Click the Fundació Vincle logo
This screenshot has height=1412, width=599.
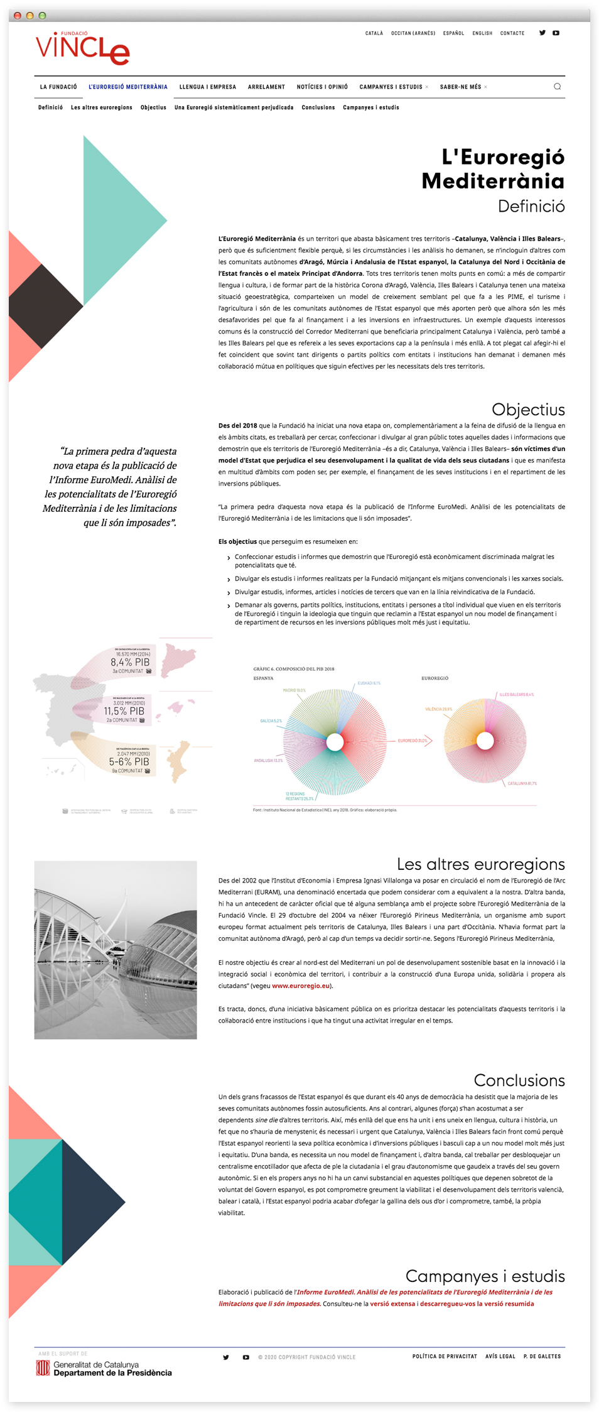82,48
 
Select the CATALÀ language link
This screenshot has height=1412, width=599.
374,33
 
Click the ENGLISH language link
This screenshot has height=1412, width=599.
482,33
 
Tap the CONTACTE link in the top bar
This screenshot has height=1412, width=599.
512,33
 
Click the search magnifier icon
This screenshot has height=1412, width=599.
557,87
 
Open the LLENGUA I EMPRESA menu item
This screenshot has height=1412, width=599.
208,87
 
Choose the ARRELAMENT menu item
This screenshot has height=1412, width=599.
266,87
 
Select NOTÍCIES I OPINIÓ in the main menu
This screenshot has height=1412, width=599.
322,87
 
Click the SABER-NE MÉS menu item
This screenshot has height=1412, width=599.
461,87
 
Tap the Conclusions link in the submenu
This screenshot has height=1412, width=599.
318,108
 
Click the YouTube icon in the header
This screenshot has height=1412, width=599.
556,33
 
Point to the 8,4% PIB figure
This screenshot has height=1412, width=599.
131,662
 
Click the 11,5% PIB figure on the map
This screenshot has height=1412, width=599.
124,711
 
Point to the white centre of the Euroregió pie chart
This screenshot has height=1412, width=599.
485,741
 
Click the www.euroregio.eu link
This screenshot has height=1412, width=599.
301,986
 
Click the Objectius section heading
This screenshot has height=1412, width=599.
528,410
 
